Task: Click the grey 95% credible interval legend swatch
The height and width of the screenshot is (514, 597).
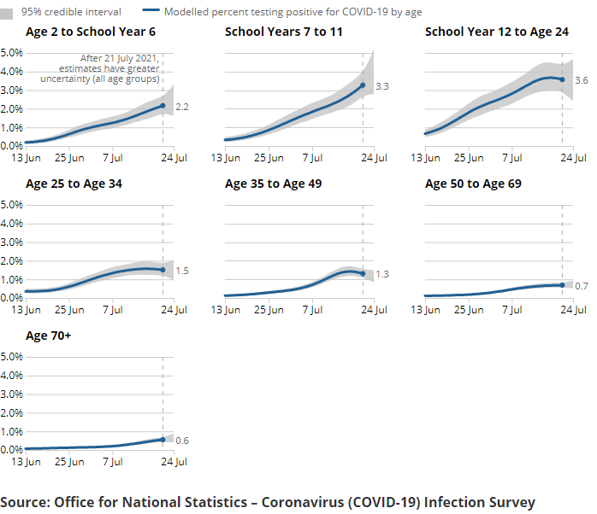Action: tap(7, 13)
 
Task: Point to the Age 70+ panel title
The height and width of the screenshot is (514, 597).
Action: tap(49, 336)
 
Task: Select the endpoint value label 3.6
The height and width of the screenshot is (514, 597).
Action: tap(582, 80)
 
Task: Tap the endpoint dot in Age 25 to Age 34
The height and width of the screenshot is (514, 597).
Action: tap(163, 270)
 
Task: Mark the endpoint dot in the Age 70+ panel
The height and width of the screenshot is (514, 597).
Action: tap(163, 439)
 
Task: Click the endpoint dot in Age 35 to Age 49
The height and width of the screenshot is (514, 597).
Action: tap(363, 273)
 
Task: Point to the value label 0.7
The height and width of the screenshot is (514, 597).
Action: tap(582, 286)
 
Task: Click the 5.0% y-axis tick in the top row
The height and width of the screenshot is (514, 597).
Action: tap(11, 52)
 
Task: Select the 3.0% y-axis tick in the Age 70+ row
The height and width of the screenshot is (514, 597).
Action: tap(11, 394)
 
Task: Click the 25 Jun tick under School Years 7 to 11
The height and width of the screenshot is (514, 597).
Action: tap(269, 158)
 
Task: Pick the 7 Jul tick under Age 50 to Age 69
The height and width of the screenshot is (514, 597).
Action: tap(511, 310)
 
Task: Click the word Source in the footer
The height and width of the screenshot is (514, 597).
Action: tap(23, 501)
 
